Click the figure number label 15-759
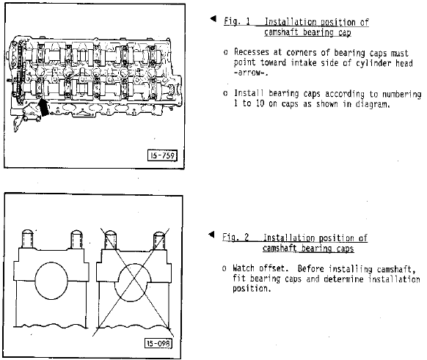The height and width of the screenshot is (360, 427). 162,155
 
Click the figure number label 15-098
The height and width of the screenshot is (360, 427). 158,343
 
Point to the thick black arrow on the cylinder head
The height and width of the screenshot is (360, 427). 43,108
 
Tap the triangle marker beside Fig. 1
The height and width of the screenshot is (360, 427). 213,18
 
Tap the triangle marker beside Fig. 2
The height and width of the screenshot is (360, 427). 211,235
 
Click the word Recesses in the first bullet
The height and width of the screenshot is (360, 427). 252,52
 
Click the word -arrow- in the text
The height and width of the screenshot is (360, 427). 250,73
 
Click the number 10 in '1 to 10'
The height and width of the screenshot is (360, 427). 260,103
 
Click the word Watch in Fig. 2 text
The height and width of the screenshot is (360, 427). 243,268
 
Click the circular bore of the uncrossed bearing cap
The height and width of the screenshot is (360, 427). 51,281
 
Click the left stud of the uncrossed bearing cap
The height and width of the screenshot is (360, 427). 27,239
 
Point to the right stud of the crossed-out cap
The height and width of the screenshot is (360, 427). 159,240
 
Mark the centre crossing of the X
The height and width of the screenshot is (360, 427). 134,280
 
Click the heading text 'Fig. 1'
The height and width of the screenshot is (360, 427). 237,21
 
